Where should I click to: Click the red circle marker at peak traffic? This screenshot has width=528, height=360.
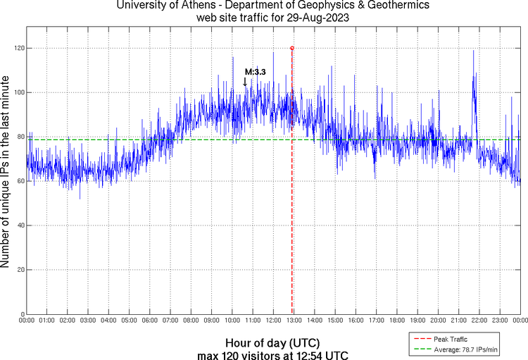[x=292, y=48]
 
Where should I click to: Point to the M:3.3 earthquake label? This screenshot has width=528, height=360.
[x=255, y=72]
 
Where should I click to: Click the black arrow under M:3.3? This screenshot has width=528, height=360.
[x=245, y=82]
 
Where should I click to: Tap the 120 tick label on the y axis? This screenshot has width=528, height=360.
[x=18, y=48]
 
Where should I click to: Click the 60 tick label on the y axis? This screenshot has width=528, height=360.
[x=19, y=181]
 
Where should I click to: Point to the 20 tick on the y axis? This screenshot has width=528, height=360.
[x=19, y=270]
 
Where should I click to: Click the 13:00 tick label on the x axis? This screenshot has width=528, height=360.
[x=292, y=321]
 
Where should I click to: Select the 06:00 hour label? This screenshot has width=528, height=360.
[x=149, y=321]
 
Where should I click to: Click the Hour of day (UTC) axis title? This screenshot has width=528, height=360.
[x=263, y=341]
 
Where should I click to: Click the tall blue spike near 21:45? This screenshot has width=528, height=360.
[x=474, y=77]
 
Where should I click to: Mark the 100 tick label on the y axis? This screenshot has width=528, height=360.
[x=18, y=92]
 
